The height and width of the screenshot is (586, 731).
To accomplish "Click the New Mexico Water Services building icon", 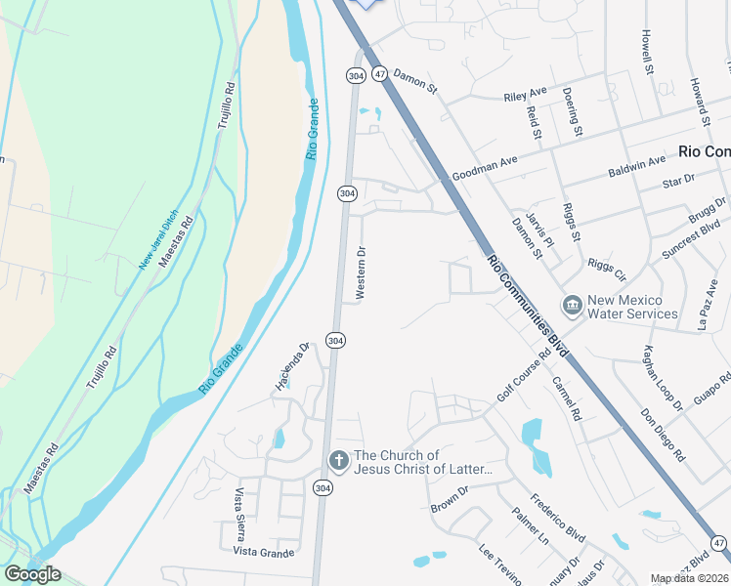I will click(x=572, y=307).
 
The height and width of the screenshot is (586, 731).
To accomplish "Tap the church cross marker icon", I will click(x=338, y=459).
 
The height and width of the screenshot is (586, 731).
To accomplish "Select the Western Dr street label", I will click(x=361, y=272).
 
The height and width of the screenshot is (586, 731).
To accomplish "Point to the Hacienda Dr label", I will click(x=291, y=365).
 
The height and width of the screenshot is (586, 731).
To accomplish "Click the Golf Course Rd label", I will click(x=523, y=379).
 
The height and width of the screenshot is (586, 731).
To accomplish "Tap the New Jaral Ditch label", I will click(x=158, y=239).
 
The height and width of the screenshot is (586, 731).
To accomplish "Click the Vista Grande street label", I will click(x=263, y=552).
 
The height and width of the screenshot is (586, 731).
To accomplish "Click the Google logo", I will click(x=32, y=574).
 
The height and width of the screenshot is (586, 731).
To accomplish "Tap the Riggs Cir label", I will click(x=606, y=269).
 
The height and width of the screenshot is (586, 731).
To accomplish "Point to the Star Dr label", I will click(x=677, y=181).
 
